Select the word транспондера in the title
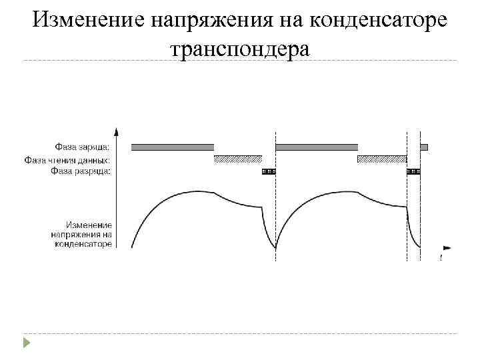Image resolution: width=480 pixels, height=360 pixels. (240, 48)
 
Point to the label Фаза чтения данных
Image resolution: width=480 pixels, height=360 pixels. (67, 159)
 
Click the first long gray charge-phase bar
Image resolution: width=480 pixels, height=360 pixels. (173, 147)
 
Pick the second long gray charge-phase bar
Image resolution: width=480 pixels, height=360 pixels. (317, 147)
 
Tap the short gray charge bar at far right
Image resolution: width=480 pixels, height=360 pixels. (424, 147)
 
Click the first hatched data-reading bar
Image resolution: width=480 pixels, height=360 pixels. (238, 159)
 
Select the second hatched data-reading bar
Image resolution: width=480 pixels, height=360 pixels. (382, 159)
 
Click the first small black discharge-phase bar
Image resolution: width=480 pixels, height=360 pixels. (269, 171)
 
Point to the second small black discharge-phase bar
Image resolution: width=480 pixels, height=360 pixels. (413, 171)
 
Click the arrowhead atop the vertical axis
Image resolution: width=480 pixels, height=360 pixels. (117, 131)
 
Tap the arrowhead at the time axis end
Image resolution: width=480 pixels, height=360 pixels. (447, 247)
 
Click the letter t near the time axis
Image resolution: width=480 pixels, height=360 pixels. (441, 257)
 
